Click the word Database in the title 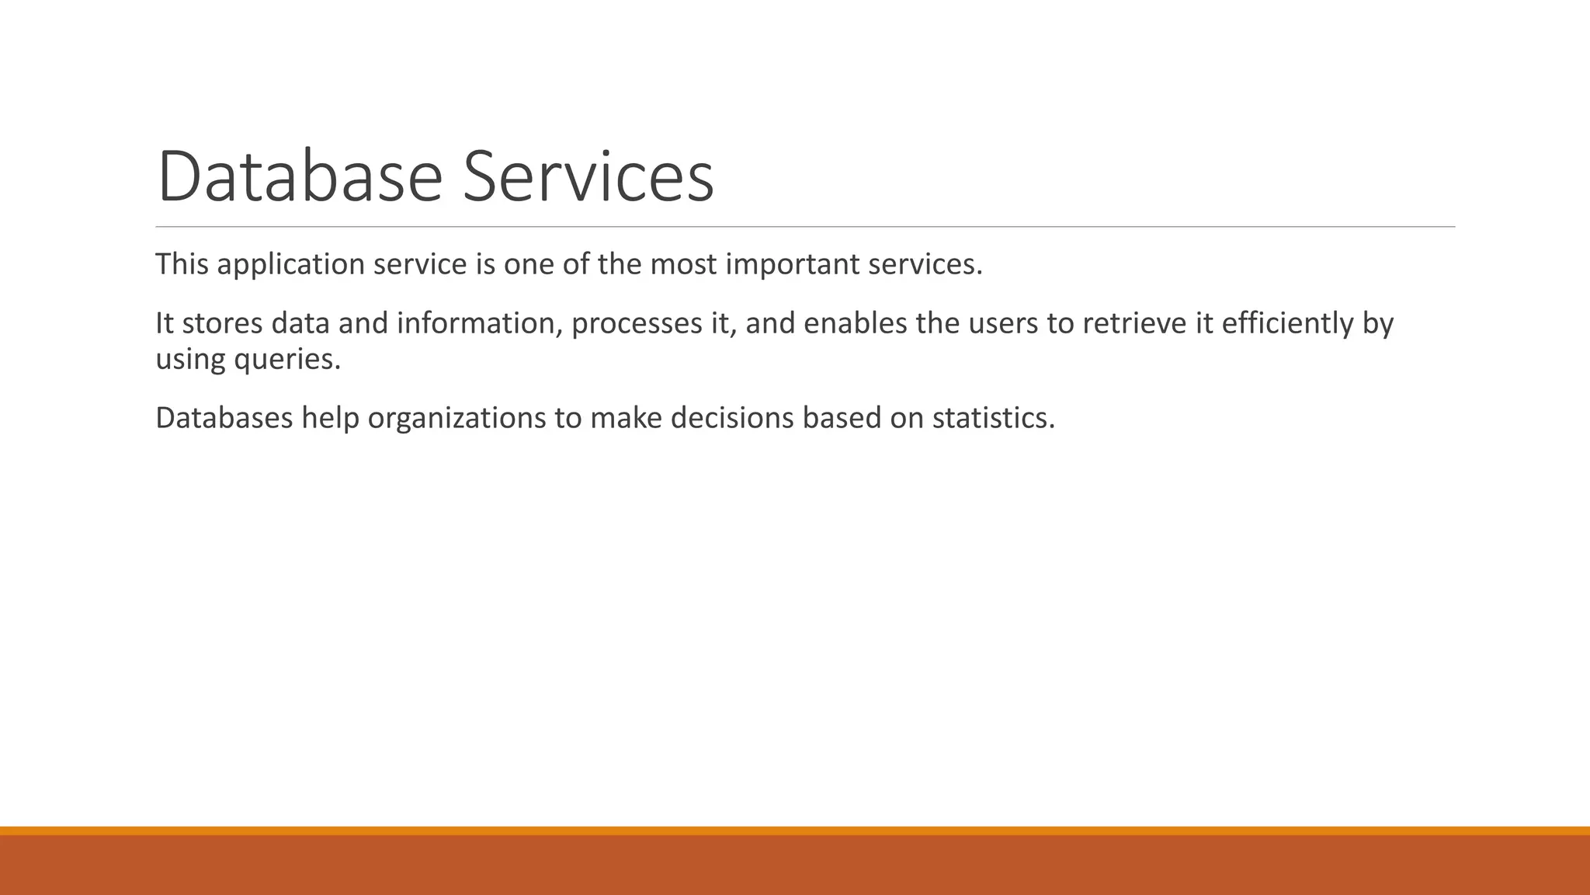tap(300, 177)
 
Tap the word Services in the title tap(588, 177)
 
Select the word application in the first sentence tap(290, 265)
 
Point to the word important tap(792, 265)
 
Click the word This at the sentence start tap(182, 265)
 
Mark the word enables tap(855, 323)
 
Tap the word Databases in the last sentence tap(224, 419)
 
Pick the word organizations tap(457, 419)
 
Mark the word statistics tap(993, 419)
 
